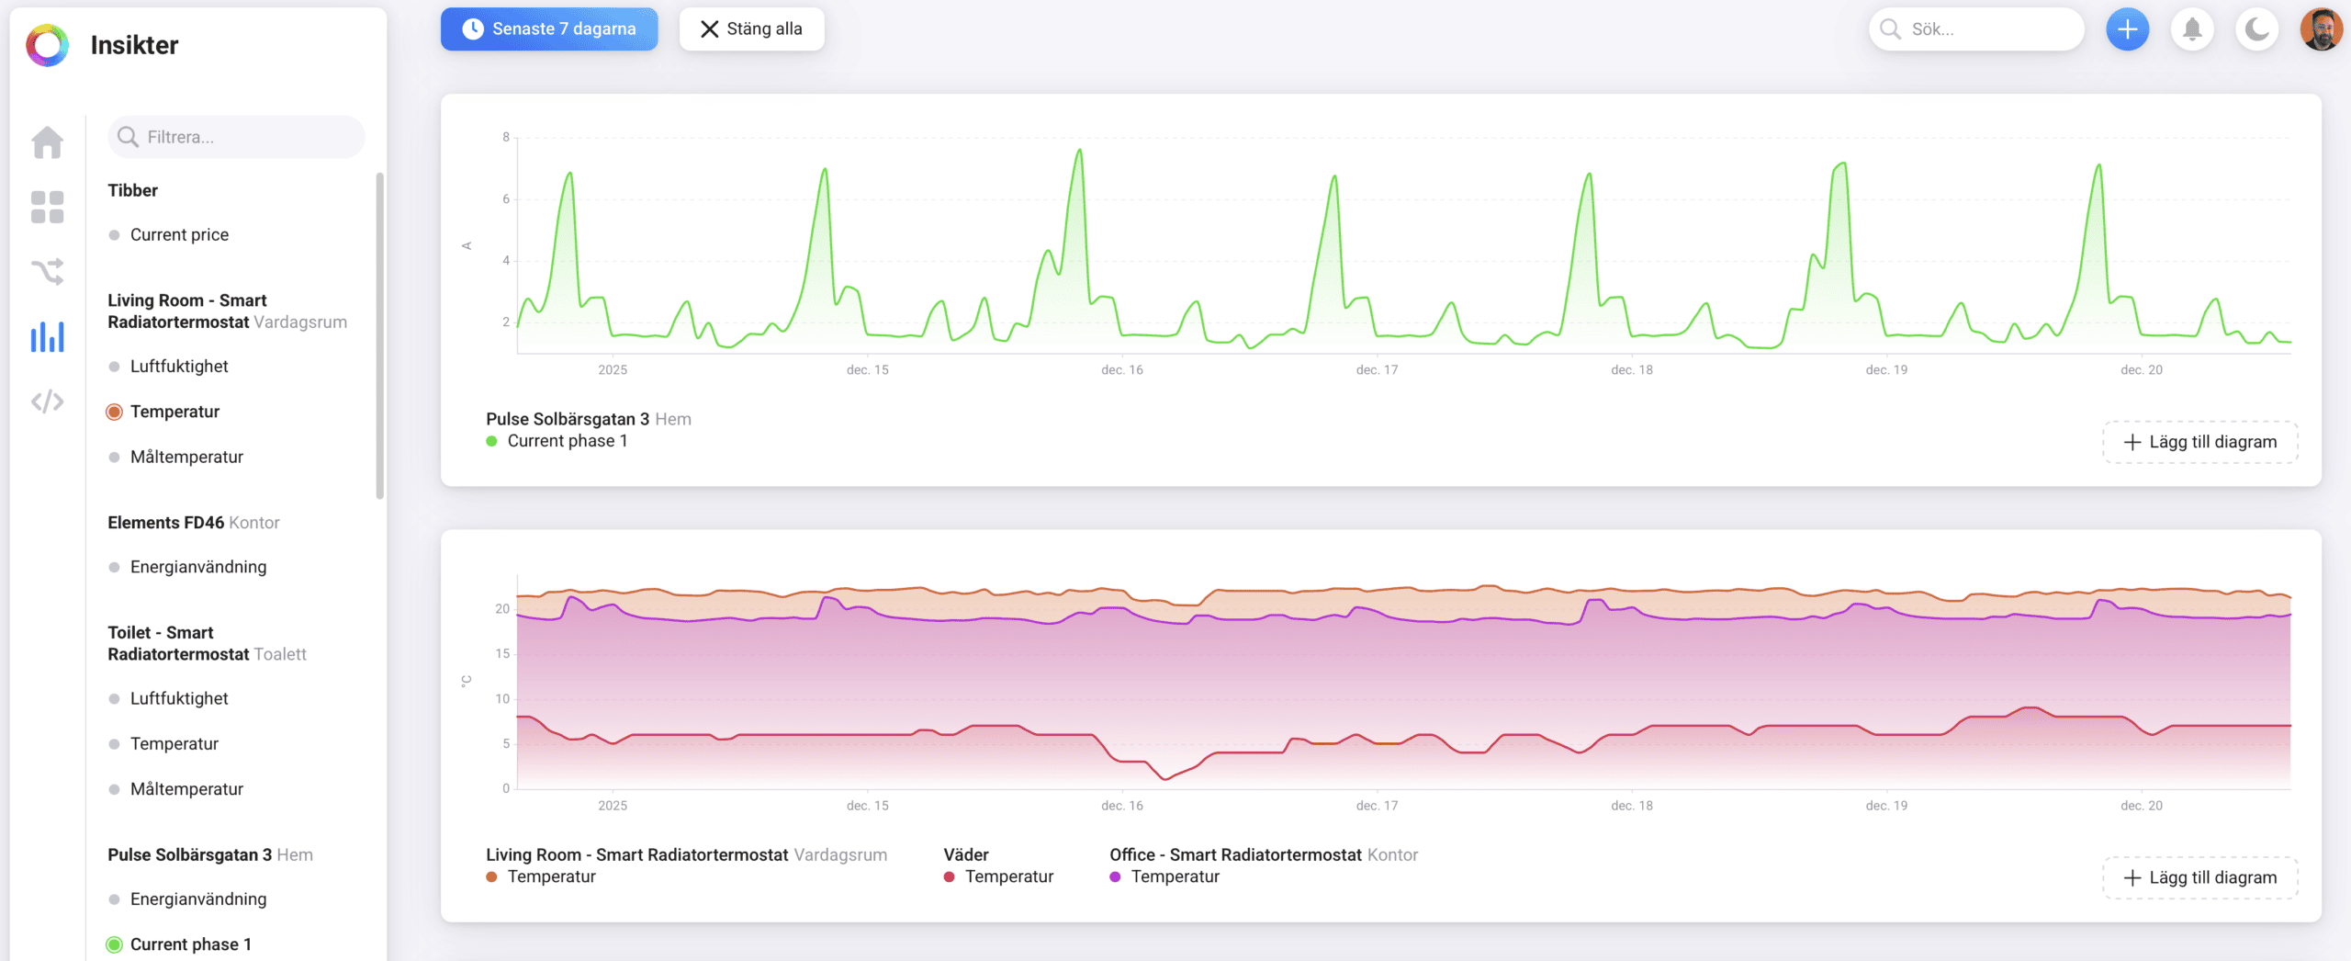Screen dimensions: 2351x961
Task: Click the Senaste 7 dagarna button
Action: (549, 29)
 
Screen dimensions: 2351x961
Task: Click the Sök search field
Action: (1976, 29)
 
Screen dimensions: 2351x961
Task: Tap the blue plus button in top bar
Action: (2127, 29)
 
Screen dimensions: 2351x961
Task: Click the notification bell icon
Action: (2192, 29)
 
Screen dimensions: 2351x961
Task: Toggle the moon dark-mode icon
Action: (2257, 29)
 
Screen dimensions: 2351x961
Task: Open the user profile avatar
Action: (2322, 29)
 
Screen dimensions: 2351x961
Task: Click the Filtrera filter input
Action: (236, 137)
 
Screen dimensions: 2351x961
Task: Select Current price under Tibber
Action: (179, 234)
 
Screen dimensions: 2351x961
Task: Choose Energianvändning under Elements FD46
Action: (198, 567)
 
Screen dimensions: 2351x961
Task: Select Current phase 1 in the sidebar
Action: (190, 944)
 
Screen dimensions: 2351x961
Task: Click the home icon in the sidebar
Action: (48, 142)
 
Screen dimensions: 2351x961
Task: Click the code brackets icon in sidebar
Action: (48, 401)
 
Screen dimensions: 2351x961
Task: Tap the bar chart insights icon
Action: (48, 336)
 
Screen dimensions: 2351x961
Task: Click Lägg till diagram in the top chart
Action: (2200, 442)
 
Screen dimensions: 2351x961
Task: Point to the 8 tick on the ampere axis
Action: (506, 137)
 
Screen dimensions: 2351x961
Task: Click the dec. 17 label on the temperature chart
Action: (1377, 806)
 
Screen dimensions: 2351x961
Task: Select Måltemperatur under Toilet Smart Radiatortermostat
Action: (186, 789)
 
